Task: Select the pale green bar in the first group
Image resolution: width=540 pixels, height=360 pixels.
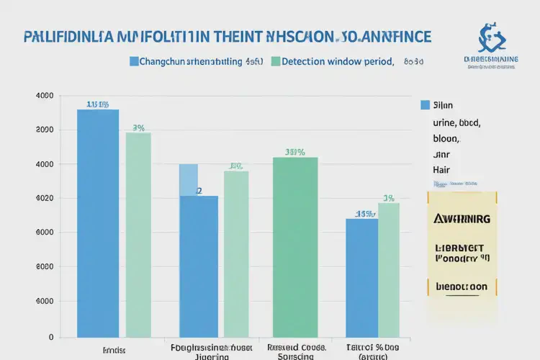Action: (x=138, y=234)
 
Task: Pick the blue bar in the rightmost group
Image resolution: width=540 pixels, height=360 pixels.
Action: (x=361, y=277)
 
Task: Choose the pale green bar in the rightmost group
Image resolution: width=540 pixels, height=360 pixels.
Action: (x=389, y=269)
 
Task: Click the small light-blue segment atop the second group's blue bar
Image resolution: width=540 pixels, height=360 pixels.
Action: (x=188, y=179)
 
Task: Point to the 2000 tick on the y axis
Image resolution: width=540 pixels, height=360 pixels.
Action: (x=45, y=130)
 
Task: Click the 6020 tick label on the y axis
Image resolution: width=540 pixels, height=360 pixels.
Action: (x=45, y=199)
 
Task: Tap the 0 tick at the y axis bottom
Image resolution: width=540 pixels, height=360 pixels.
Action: (x=51, y=336)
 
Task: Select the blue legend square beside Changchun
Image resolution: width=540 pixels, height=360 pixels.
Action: (x=134, y=62)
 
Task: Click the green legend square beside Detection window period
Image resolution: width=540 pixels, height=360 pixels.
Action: (x=275, y=62)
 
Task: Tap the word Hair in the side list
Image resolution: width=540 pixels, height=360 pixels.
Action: (x=441, y=170)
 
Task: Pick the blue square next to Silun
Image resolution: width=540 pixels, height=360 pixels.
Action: (x=425, y=105)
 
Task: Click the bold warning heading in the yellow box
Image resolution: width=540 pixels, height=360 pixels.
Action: (x=463, y=218)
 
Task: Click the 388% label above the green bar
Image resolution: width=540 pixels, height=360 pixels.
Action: (x=295, y=152)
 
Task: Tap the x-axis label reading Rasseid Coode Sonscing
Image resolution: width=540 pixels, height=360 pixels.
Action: (x=294, y=350)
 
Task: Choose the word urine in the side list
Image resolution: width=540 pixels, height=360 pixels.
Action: (x=444, y=122)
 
